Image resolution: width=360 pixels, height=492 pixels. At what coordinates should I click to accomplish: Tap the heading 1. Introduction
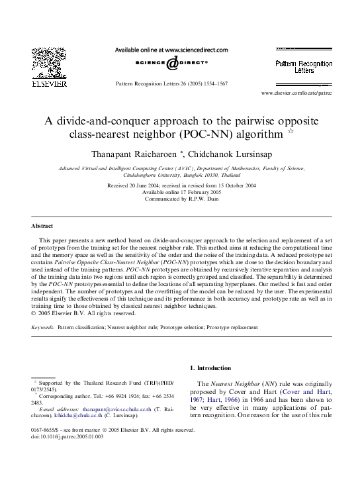point(210,368)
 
